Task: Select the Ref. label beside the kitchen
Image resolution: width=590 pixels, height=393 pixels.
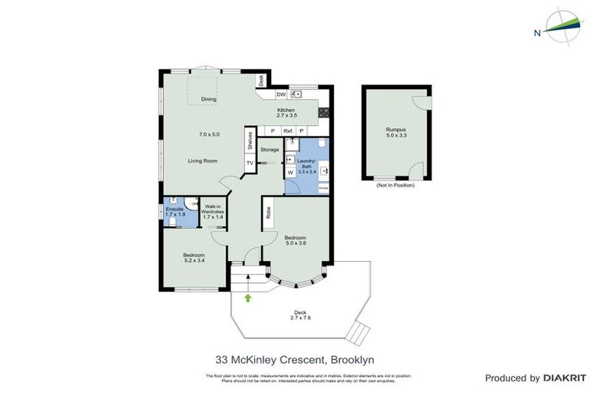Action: [288, 131]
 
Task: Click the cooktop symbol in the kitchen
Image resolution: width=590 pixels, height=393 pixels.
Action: [324, 111]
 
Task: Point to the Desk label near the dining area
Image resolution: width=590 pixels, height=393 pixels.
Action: [261, 79]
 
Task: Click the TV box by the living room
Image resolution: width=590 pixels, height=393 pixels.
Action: [250, 163]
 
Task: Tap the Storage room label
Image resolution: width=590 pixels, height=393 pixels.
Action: [270, 149]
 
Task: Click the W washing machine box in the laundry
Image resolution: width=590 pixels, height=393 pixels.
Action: [290, 173]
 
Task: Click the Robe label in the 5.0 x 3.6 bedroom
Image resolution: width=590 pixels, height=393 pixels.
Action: [268, 213]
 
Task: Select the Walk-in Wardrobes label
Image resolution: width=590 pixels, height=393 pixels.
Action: [214, 211]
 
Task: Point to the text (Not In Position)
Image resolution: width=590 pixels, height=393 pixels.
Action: [395, 186]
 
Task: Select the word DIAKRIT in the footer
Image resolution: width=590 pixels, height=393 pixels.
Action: [565, 378]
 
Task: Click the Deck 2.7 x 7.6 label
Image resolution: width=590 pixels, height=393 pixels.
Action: [300, 315]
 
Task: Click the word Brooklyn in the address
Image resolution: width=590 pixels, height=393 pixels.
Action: [353, 359]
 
